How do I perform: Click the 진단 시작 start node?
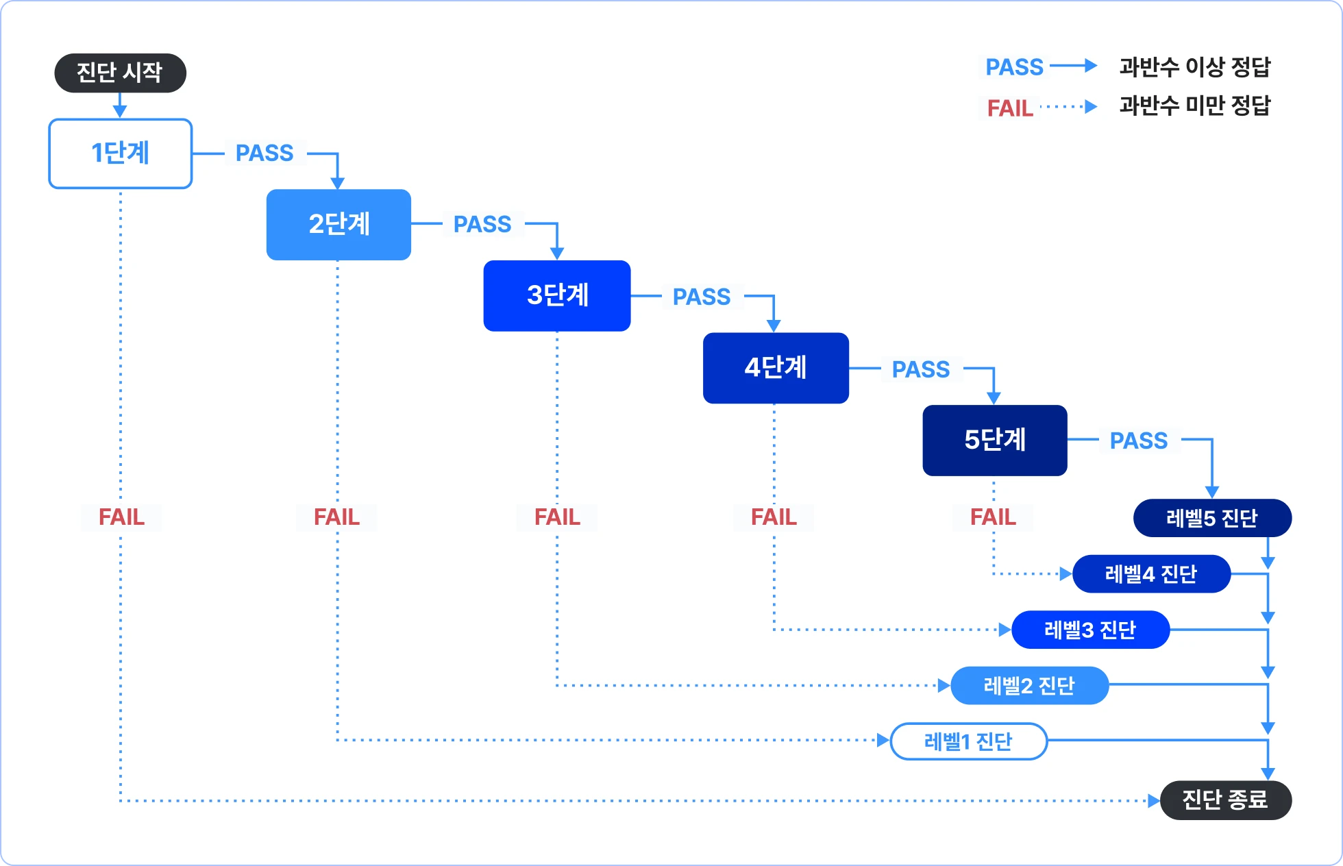tap(120, 73)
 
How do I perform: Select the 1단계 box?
tap(121, 153)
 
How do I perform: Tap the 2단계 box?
tap(338, 225)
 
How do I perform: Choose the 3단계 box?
tap(557, 296)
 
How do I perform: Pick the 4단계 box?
tap(776, 368)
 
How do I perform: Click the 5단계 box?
tap(995, 440)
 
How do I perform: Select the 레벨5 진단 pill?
tap(1212, 518)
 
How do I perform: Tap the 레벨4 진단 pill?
tap(1151, 574)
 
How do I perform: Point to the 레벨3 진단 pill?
tap(1090, 630)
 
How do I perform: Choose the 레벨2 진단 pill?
tap(1029, 686)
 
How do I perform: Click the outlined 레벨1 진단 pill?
tap(968, 741)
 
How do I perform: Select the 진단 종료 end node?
tap(1225, 800)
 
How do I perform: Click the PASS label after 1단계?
tap(264, 153)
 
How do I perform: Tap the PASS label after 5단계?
tap(1139, 441)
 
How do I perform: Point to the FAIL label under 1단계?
tap(121, 517)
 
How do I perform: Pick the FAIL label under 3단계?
tap(557, 517)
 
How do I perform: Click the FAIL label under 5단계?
tap(993, 517)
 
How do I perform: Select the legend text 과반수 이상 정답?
tap(1195, 67)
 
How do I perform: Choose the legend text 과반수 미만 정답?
tap(1195, 106)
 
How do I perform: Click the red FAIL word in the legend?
tap(1010, 108)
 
